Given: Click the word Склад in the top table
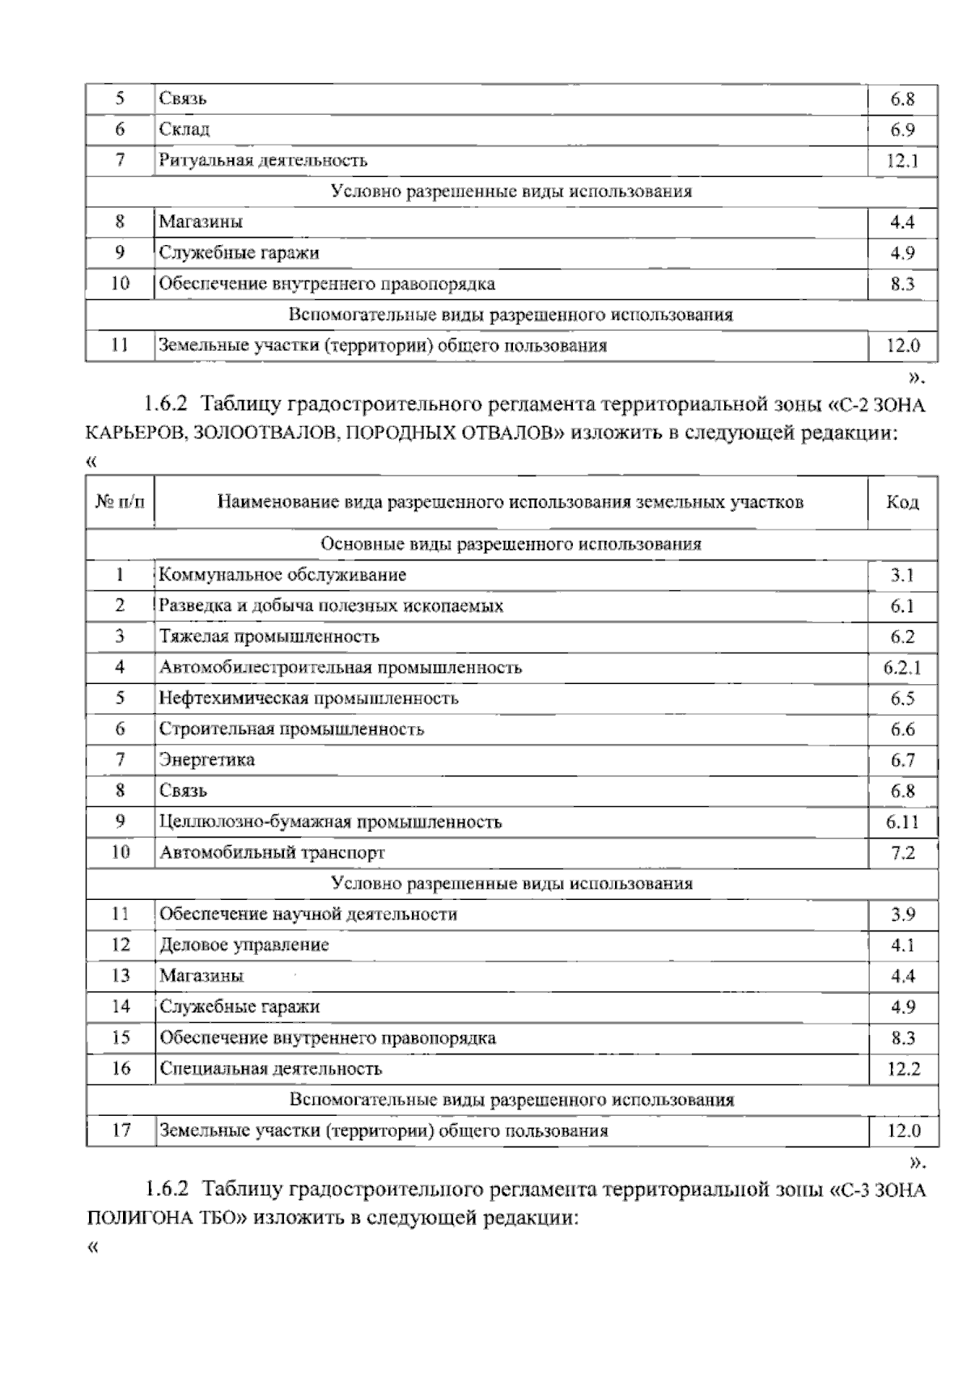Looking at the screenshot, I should point(184,129).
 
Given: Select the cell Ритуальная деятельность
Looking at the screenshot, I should point(263,160).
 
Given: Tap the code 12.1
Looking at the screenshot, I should point(902,161).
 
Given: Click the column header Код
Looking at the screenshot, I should point(902,503).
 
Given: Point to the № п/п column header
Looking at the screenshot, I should point(120,503).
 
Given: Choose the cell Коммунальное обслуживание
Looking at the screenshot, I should point(282,575).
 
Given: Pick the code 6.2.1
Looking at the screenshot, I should point(902,668).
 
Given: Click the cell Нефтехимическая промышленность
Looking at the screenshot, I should point(308,698).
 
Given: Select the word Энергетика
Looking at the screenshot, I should point(207,759).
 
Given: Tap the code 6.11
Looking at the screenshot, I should point(902,822).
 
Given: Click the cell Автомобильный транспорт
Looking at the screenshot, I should point(272,852).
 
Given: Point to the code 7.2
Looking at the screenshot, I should point(902,853).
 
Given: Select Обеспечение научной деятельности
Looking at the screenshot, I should point(308,915).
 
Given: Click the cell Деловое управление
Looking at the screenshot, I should point(244,944).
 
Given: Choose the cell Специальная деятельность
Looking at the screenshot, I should point(270,1068).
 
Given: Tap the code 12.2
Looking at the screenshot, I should point(903,1069).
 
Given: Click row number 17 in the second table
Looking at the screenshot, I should point(121,1130).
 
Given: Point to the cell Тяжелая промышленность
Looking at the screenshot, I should point(269,636).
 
